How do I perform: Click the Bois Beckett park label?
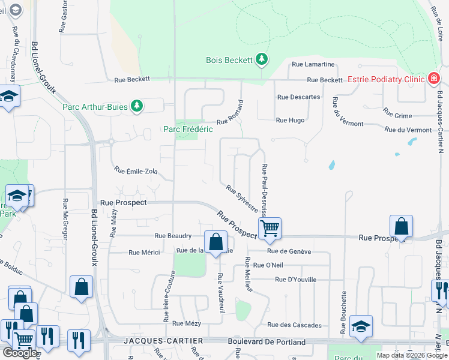[229, 60]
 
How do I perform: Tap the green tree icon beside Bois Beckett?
[261, 59]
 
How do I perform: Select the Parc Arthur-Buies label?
[95, 107]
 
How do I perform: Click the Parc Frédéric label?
[188, 129]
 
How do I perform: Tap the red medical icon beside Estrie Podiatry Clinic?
[433, 79]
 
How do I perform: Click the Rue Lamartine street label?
[313, 64]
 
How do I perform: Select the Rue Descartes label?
[298, 97]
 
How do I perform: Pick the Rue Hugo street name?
[290, 120]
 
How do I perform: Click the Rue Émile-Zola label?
[136, 171]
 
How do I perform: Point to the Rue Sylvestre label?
[242, 198]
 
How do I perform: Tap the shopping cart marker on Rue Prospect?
[270, 228]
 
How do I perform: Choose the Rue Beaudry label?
[173, 236]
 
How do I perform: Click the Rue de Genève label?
[289, 251]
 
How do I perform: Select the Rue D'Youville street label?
[295, 280]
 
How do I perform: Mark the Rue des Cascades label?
[294, 325]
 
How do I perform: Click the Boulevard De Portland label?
[267, 342]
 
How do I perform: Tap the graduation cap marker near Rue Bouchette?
[361, 326]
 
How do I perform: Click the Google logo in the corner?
[20, 353]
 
